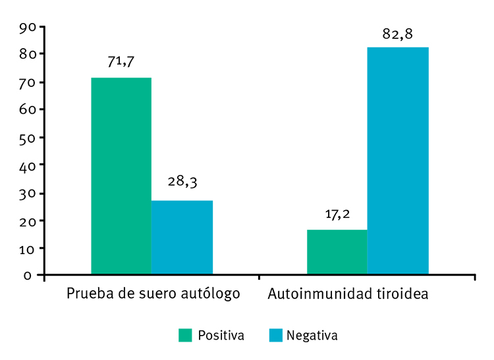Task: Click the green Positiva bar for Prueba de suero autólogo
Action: coord(121,176)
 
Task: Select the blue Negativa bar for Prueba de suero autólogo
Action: coord(182,237)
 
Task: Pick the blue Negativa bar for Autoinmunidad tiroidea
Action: coord(398,161)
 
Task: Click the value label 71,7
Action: coord(121,62)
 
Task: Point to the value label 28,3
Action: coord(182,184)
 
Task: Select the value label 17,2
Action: coord(337,214)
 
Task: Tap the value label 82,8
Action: coord(398,34)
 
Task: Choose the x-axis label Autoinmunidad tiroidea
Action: coord(348,293)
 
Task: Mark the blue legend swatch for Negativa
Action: coord(275,335)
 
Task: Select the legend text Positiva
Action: coord(221,335)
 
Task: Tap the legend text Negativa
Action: coord(314,335)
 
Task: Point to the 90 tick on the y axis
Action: coord(28,27)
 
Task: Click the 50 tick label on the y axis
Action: coord(28,138)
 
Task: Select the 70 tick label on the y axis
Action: coord(28,82)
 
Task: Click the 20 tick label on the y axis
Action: coord(28,220)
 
